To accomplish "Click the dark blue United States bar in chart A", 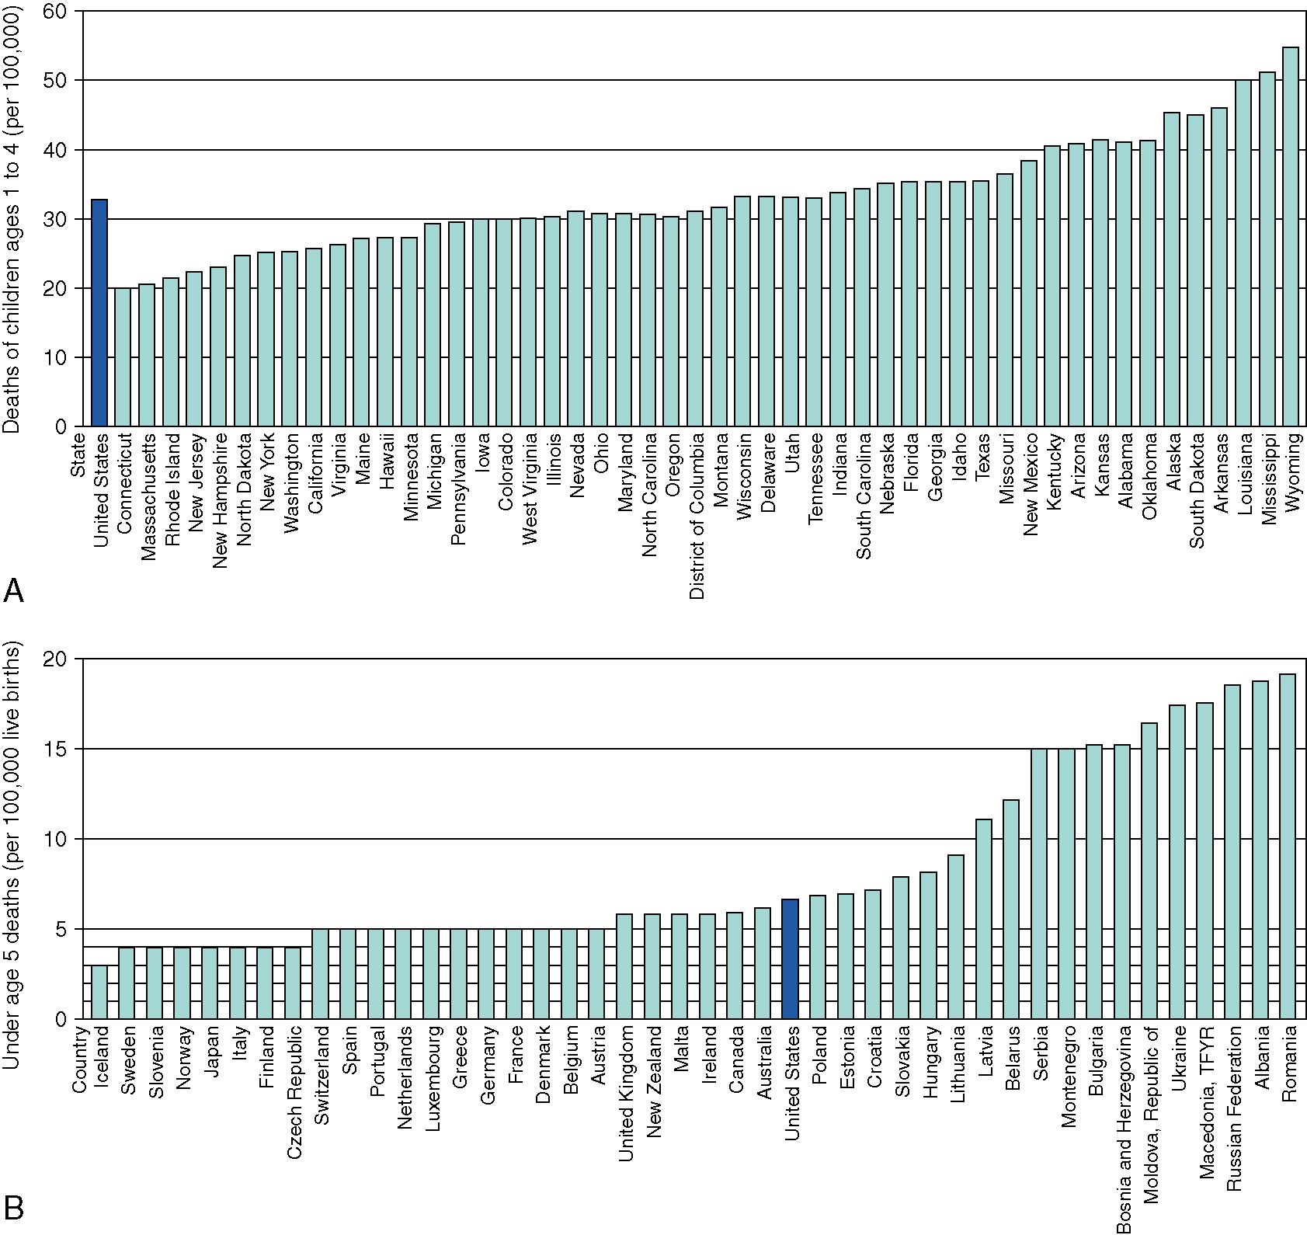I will click(99, 313).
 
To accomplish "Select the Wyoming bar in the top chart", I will click(1290, 237).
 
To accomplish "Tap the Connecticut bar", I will click(123, 357).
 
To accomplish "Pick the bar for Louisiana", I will click(1243, 253).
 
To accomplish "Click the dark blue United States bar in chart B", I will click(790, 958).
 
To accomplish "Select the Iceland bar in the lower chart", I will click(99, 992).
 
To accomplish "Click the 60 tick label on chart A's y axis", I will click(61, 12).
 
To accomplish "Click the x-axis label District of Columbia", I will click(697, 517).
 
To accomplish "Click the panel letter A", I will click(13, 592).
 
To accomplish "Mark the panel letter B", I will click(13, 1209).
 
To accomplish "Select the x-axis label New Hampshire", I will click(219, 501).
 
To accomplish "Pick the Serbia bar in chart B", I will click(1038, 883).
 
